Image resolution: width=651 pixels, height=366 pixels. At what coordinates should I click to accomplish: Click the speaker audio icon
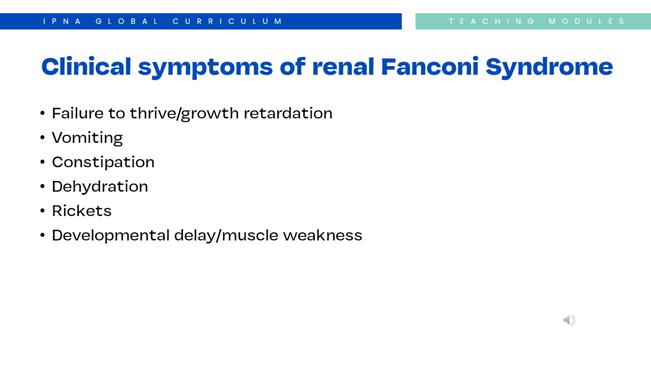click(569, 320)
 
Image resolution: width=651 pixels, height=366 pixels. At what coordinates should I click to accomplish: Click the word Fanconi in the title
click(430, 67)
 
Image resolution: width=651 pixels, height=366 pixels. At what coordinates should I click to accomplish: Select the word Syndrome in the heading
click(549, 67)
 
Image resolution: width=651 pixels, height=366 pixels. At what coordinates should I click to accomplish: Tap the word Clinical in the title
click(86, 66)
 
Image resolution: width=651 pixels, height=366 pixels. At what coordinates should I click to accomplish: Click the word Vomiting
click(87, 138)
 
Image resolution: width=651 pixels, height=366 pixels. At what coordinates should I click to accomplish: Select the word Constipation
click(103, 162)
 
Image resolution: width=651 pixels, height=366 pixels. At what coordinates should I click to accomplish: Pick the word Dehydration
click(100, 186)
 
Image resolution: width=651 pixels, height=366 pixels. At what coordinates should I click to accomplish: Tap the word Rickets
click(82, 210)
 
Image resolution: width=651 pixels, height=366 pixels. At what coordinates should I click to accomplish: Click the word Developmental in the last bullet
click(111, 235)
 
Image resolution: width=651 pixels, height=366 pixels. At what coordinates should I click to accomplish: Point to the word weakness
click(322, 235)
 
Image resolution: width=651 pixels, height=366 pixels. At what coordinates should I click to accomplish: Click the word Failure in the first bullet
click(78, 113)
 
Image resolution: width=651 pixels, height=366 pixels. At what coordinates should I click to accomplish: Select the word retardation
click(288, 113)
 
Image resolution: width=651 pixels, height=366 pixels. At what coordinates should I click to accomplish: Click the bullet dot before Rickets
click(42, 210)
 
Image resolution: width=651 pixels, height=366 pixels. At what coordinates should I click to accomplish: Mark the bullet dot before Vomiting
click(42, 137)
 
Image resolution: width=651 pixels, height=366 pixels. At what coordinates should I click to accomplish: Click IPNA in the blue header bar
click(62, 21)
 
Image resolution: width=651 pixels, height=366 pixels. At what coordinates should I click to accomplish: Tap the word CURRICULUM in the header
click(227, 21)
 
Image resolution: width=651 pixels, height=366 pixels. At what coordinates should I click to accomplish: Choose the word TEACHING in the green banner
click(491, 21)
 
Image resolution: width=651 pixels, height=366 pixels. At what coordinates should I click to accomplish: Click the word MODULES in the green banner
click(587, 21)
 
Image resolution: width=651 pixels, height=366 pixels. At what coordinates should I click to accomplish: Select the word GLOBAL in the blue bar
click(127, 21)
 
